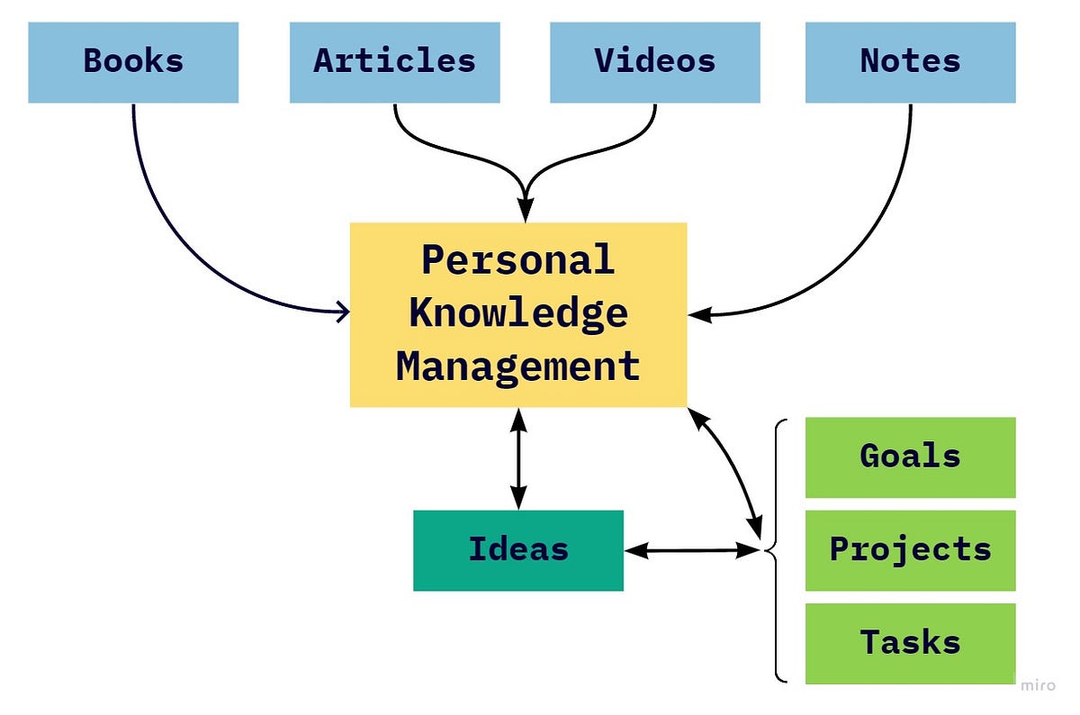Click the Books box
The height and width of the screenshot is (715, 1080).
[x=133, y=62]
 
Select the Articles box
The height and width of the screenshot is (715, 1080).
[x=394, y=62]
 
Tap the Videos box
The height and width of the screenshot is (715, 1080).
[x=654, y=62]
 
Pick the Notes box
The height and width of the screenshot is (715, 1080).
[x=910, y=62]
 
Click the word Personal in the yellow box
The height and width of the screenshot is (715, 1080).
[x=517, y=261]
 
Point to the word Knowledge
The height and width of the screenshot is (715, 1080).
[x=517, y=313]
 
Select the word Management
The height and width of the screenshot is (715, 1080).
[x=517, y=367]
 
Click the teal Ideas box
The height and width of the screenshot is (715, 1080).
[x=517, y=550]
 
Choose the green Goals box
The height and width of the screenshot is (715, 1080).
[x=910, y=457]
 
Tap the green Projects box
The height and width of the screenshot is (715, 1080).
[x=910, y=550]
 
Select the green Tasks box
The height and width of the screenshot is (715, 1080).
[x=910, y=643]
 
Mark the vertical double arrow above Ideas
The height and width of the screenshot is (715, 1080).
[x=518, y=459]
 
